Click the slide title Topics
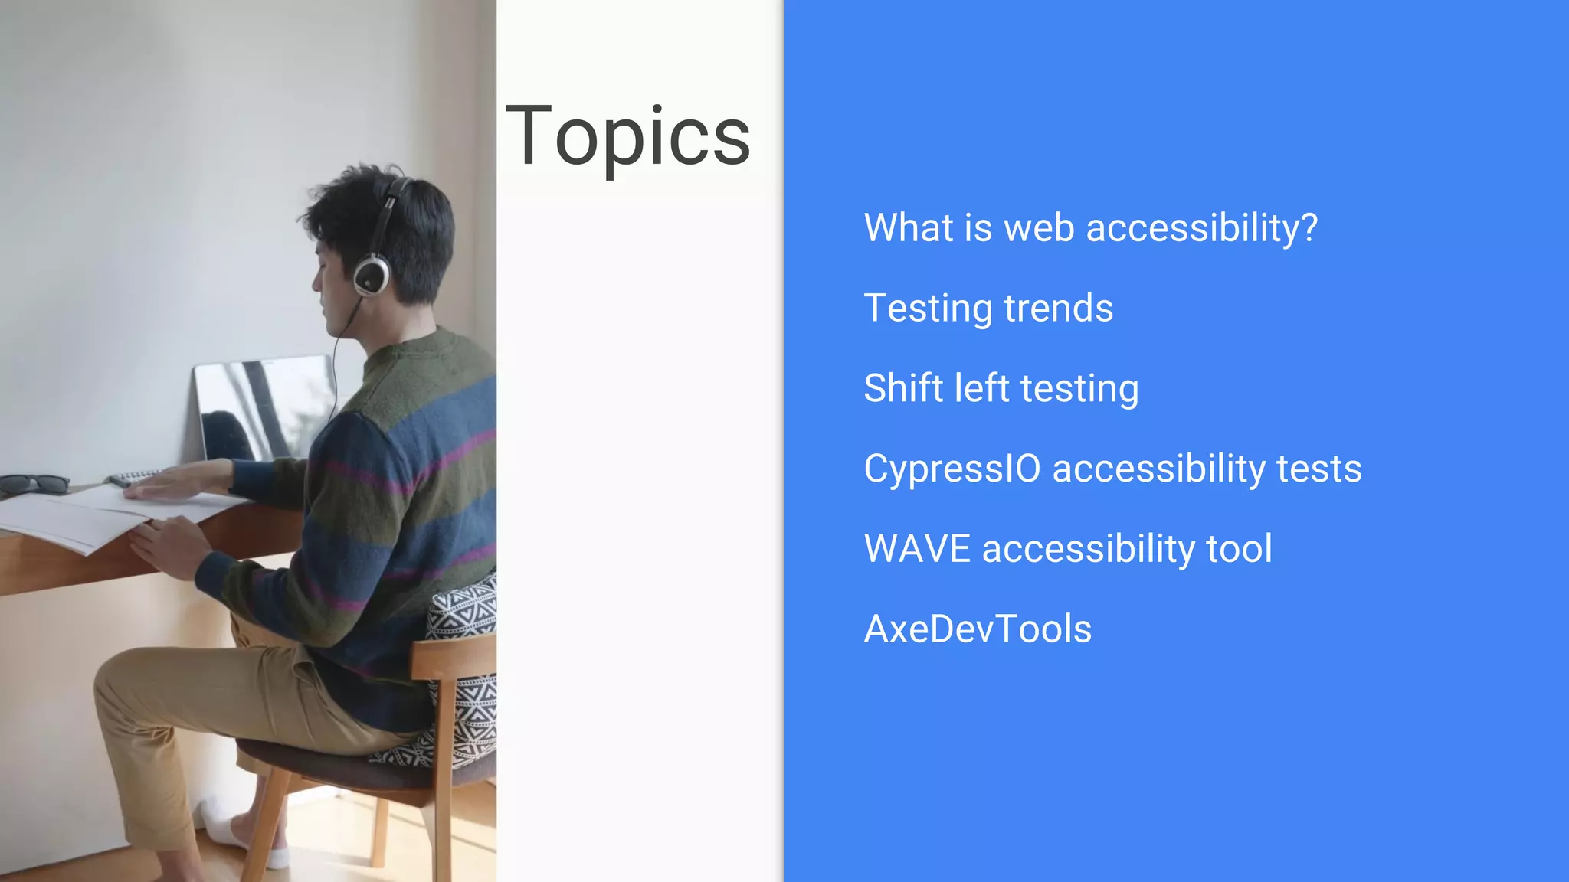[x=627, y=136]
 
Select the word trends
[x=1058, y=309]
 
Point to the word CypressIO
[x=952, y=469]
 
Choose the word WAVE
[x=917, y=549]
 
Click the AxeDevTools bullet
[x=978, y=629]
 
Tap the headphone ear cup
[x=372, y=276]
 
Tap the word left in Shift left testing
[x=981, y=388]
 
